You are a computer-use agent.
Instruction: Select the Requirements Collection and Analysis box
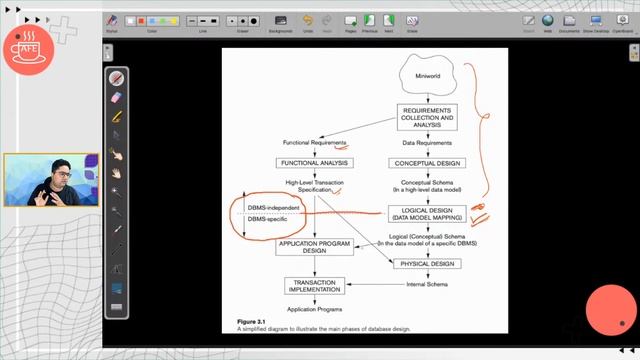click(426, 117)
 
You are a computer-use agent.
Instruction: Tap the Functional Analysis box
click(314, 163)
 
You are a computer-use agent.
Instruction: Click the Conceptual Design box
click(427, 163)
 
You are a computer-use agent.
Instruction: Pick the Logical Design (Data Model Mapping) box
click(427, 213)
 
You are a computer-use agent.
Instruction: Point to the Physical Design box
click(427, 264)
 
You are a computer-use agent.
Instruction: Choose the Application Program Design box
click(314, 247)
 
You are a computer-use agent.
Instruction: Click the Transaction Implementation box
click(314, 287)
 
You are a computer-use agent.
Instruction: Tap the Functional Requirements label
click(313, 142)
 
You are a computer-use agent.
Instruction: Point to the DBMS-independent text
click(273, 207)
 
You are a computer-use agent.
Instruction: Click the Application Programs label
click(314, 310)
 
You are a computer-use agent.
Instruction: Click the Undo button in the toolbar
click(307, 21)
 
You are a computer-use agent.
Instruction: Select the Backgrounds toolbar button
click(280, 21)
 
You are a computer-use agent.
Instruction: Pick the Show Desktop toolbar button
click(595, 21)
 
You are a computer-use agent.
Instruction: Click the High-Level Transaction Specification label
click(314, 186)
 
